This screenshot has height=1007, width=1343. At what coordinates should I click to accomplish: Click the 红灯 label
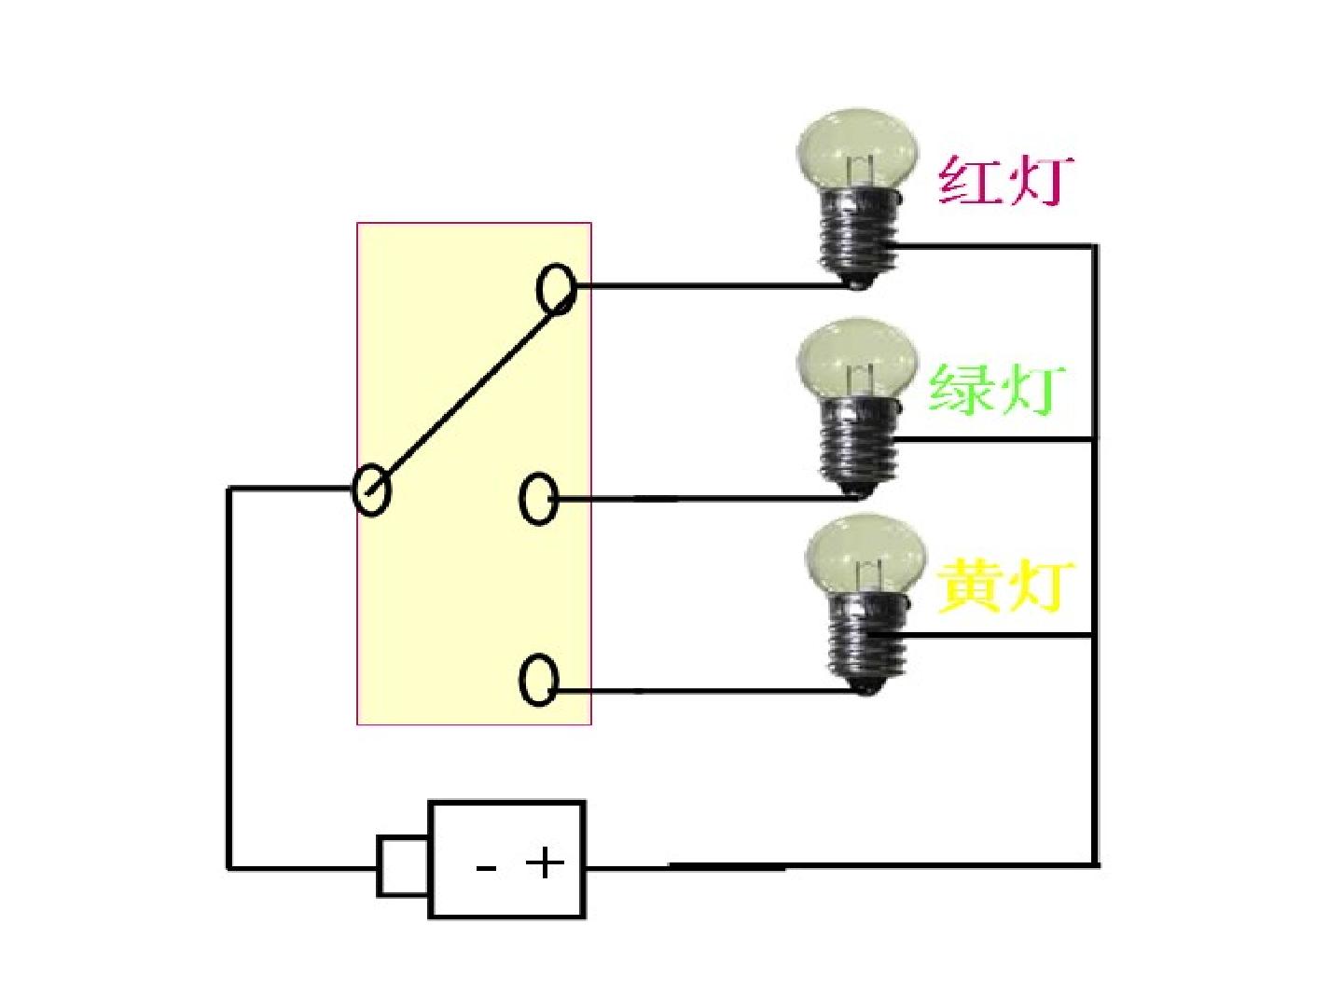[1004, 182]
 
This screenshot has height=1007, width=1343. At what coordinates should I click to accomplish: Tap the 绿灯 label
[997, 390]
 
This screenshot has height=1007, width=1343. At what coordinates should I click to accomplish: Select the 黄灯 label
[1005, 587]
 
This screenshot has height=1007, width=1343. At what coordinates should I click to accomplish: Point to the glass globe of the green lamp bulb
[858, 360]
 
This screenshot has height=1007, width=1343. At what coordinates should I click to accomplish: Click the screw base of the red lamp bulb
[860, 240]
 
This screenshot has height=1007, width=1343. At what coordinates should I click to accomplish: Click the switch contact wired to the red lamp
[556, 290]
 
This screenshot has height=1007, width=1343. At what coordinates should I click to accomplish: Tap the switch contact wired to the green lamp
[538, 499]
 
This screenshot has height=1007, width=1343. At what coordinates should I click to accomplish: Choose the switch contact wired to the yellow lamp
[538, 680]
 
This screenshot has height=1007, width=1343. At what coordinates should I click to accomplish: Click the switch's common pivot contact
[371, 490]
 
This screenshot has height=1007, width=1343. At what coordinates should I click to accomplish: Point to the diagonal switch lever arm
[468, 393]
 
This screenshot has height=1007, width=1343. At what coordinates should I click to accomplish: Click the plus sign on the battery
[545, 864]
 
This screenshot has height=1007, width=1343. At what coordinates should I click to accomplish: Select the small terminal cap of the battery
[403, 866]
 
